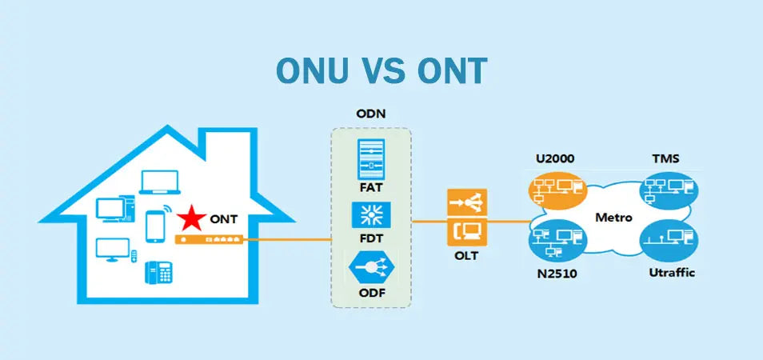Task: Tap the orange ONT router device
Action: tap(209, 238)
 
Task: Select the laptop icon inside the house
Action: tap(158, 182)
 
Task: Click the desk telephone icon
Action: tap(158, 271)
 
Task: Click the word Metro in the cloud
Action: tap(614, 217)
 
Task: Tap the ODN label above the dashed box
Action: tap(370, 114)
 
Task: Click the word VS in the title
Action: tap(381, 70)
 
